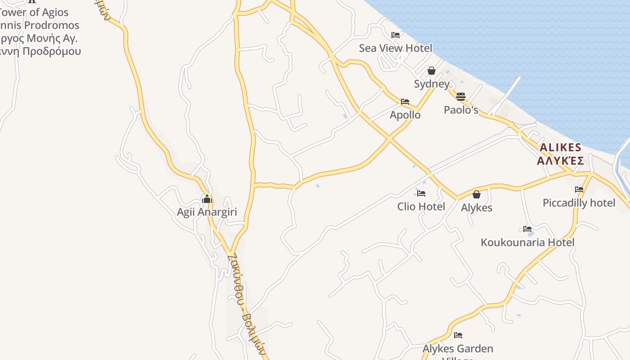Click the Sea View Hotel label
(395, 48)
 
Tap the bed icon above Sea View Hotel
(396, 35)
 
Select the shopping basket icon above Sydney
(432, 71)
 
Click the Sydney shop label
(432, 84)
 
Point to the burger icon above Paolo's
(460, 96)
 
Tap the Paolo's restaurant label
(461, 110)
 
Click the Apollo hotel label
(405, 115)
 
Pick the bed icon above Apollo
(405, 102)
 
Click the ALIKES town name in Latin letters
(560, 148)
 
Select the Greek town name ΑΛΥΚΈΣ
(560, 161)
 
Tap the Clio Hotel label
(421, 207)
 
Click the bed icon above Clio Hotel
(421, 193)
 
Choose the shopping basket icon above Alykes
(477, 194)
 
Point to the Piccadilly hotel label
(579, 203)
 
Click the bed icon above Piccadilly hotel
(579, 189)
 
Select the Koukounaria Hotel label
(527, 242)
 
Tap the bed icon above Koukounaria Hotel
(527, 229)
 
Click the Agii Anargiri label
(207, 212)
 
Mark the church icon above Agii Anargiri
(207, 198)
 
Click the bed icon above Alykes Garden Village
(458, 335)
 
